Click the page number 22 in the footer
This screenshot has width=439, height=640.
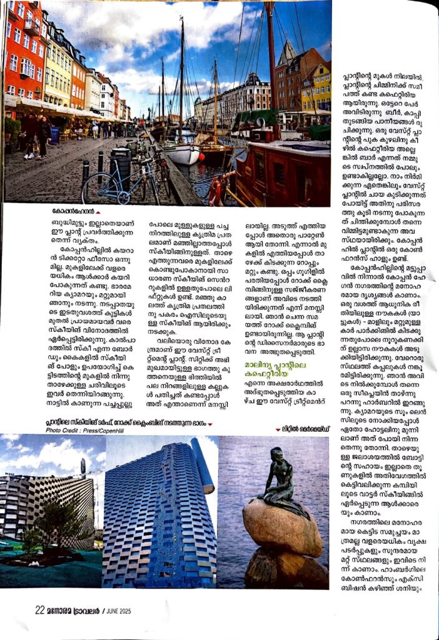pos(39,609)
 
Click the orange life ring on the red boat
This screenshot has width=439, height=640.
pos(216,189)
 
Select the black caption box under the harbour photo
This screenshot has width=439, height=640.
pos(74,212)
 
